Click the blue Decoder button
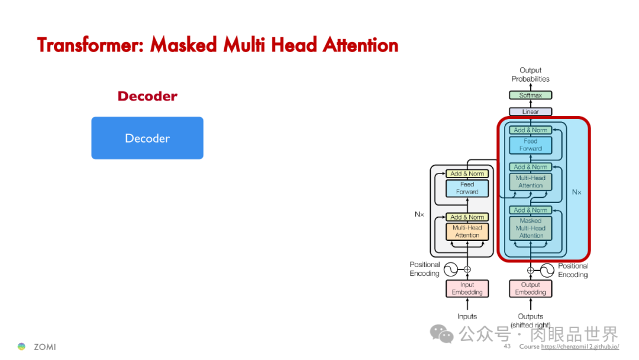[147, 138]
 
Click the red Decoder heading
[147, 96]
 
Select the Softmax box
[530, 95]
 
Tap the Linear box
[530, 112]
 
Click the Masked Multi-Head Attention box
[531, 228]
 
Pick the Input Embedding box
[467, 288]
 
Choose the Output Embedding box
[530, 288]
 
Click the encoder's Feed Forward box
[467, 188]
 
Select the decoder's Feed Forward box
[530, 145]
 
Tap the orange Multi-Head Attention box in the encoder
[467, 232]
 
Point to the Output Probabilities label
[530, 75]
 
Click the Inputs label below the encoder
[467, 316]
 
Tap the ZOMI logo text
[44, 346]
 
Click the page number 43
[507, 346]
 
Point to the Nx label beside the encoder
[419, 214]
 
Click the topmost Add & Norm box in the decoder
[530, 130]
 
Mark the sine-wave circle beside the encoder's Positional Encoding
[451, 269]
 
